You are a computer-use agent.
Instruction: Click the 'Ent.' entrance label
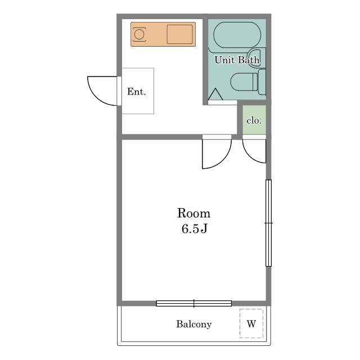[x=136, y=92]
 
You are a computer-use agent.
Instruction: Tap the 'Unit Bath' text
[x=237, y=60]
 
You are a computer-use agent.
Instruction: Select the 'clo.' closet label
[x=254, y=120]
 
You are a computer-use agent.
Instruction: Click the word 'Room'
[x=193, y=213]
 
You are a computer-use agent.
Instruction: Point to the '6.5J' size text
[x=194, y=229]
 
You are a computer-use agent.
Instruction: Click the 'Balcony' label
[x=194, y=324]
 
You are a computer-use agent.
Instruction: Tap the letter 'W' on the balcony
[x=251, y=324]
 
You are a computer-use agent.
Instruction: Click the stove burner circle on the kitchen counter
[x=139, y=34]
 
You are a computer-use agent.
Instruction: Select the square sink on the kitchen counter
[x=179, y=34]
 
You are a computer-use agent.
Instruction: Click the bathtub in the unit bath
[x=237, y=35]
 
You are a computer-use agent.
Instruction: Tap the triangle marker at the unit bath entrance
[x=215, y=94]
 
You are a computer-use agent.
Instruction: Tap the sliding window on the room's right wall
[x=268, y=223]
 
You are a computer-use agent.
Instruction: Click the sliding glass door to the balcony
[x=193, y=303]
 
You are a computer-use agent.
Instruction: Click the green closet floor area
[x=254, y=120]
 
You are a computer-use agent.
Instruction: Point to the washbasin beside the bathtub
[x=256, y=57]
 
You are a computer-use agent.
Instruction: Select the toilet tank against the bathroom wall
[x=262, y=82]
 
